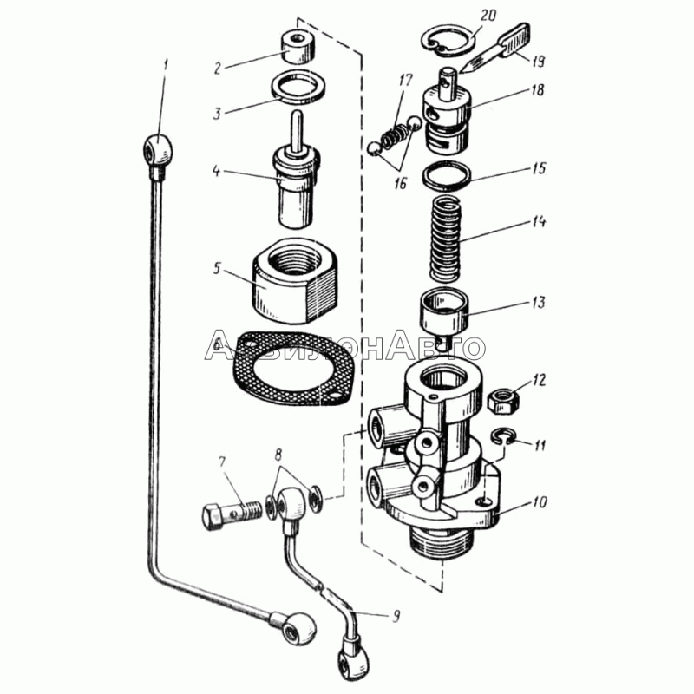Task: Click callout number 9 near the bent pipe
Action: click(396, 617)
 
